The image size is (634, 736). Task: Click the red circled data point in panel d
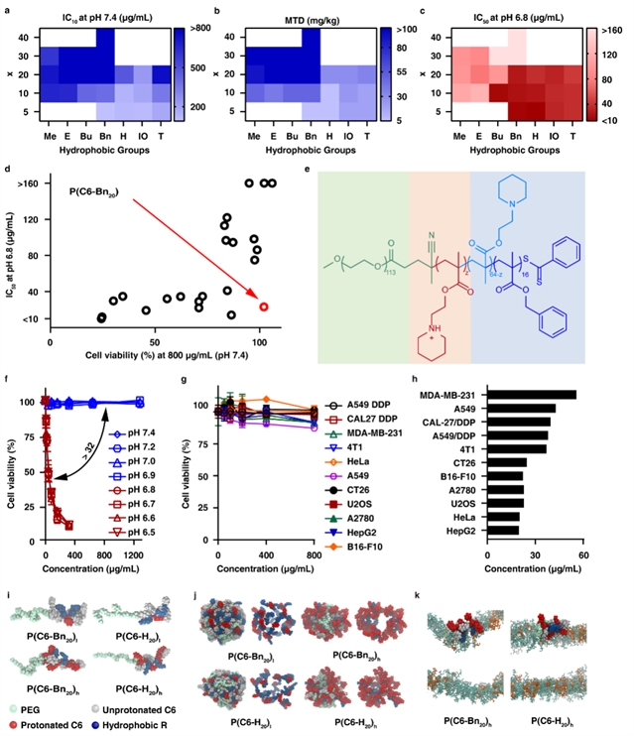click(264, 307)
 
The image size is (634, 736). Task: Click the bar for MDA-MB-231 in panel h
click(532, 394)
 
